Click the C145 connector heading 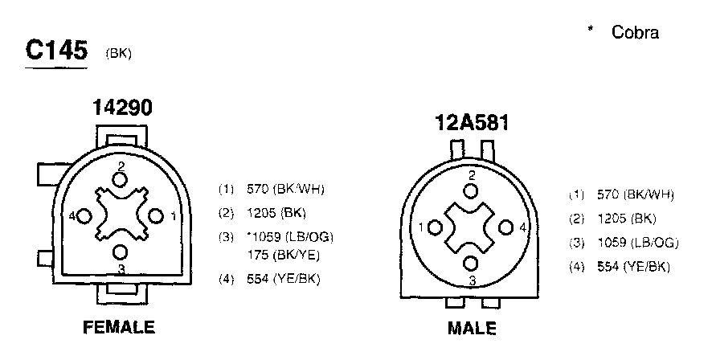coord(56,50)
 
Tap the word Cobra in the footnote coord(635,32)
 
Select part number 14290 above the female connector coord(122,108)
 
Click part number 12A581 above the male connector coord(472,123)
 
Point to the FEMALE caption coord(119,327)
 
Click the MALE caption coord(472,328)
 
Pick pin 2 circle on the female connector coord(121,180)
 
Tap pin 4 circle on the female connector coord(84,216)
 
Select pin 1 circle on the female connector coord(156,216)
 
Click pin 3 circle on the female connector coord(121,252)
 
